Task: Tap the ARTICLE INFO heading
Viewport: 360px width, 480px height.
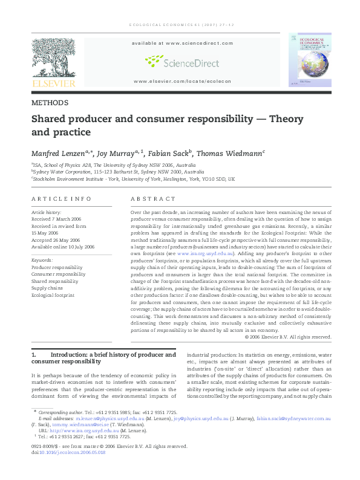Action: click(61, 199)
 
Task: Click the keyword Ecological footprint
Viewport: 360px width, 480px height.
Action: click(53, 296)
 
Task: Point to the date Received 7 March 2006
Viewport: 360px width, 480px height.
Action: click(56, 219)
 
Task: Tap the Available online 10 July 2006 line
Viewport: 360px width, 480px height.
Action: click(63, 247)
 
